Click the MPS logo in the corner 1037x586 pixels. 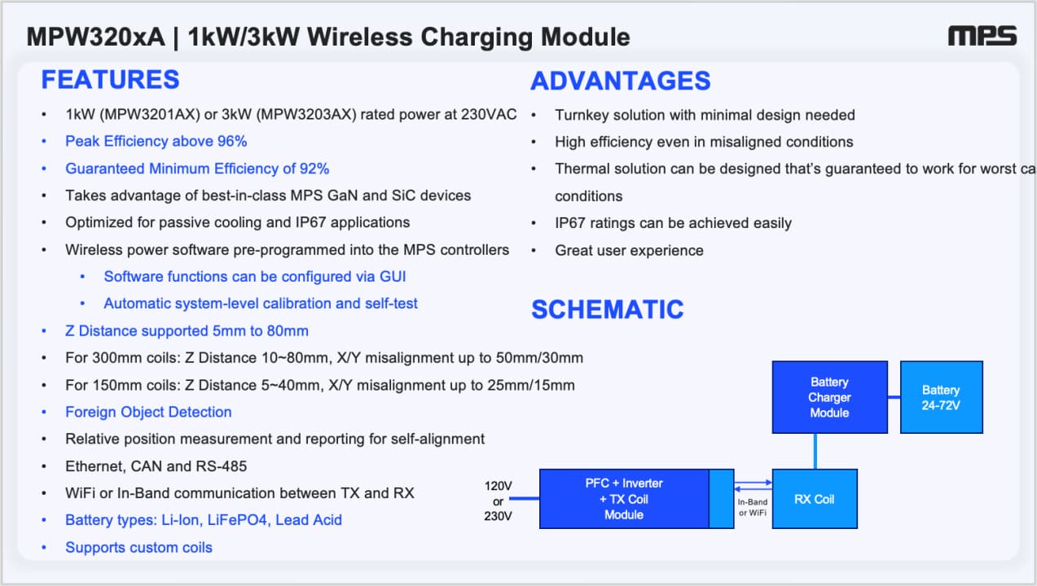coord(982,36)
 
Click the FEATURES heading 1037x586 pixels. coord(110,80)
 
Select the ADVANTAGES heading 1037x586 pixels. coord(621,81)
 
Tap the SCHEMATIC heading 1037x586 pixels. coord(608,309)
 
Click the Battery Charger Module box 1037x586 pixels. coord(829,397)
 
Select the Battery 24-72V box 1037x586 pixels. coord(941,397)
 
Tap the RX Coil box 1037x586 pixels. coord(815,499)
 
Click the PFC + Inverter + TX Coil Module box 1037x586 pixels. coord(636,499)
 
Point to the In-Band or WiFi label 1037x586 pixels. coord(752,507)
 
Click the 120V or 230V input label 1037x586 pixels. coord(498,501)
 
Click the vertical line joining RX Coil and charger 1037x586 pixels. coord(815,452)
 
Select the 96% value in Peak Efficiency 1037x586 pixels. coord(232,141)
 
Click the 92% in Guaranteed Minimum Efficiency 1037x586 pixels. coord(314,168)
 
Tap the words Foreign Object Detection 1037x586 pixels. coord(148,412)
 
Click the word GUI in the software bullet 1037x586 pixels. coord(393,277)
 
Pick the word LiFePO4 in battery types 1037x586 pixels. coord(237,520)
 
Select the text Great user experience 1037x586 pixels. coord(629,250)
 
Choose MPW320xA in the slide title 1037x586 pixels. coord(96,37)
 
